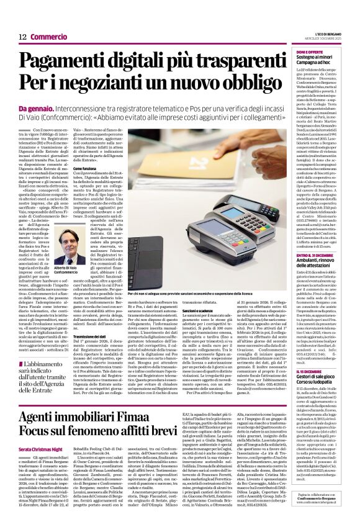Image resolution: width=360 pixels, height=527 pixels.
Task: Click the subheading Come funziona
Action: (88, 168)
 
